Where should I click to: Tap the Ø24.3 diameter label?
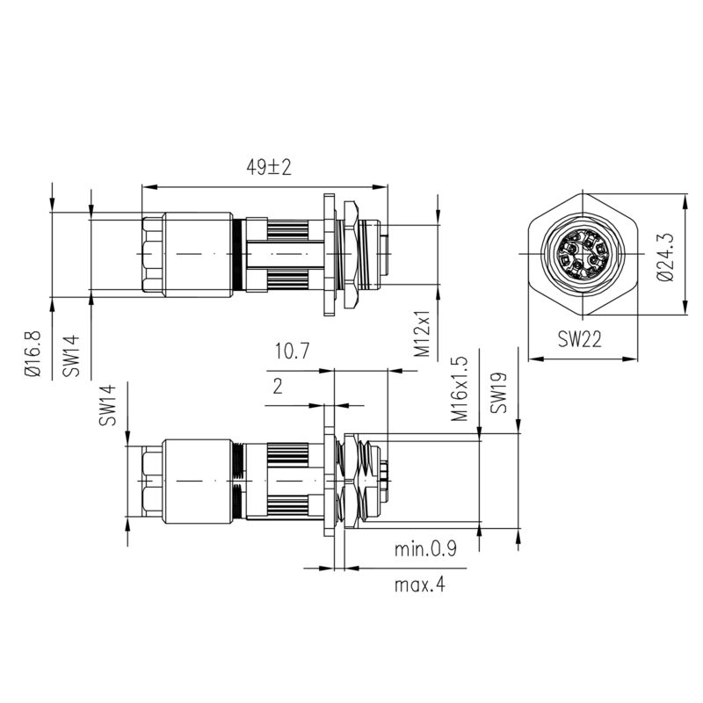click(x=665, y=256)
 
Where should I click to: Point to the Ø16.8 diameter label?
click(x=33, y=353)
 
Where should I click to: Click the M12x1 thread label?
click(x=423, y=334)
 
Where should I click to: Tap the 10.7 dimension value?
click(x=292, y=352)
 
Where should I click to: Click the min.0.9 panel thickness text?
click(x=425, y=551)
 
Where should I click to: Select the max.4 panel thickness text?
click(x=419, y=584)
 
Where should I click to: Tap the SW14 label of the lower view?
click(x=107, y=405)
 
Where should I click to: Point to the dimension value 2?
click(x=278, y=386)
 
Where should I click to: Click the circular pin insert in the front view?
click(x=581, y=254)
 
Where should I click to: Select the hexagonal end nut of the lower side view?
click(x=151, y=482)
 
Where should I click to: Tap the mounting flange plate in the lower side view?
click(x=331, y=482)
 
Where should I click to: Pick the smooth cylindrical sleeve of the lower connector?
click(x=198, y=482)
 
